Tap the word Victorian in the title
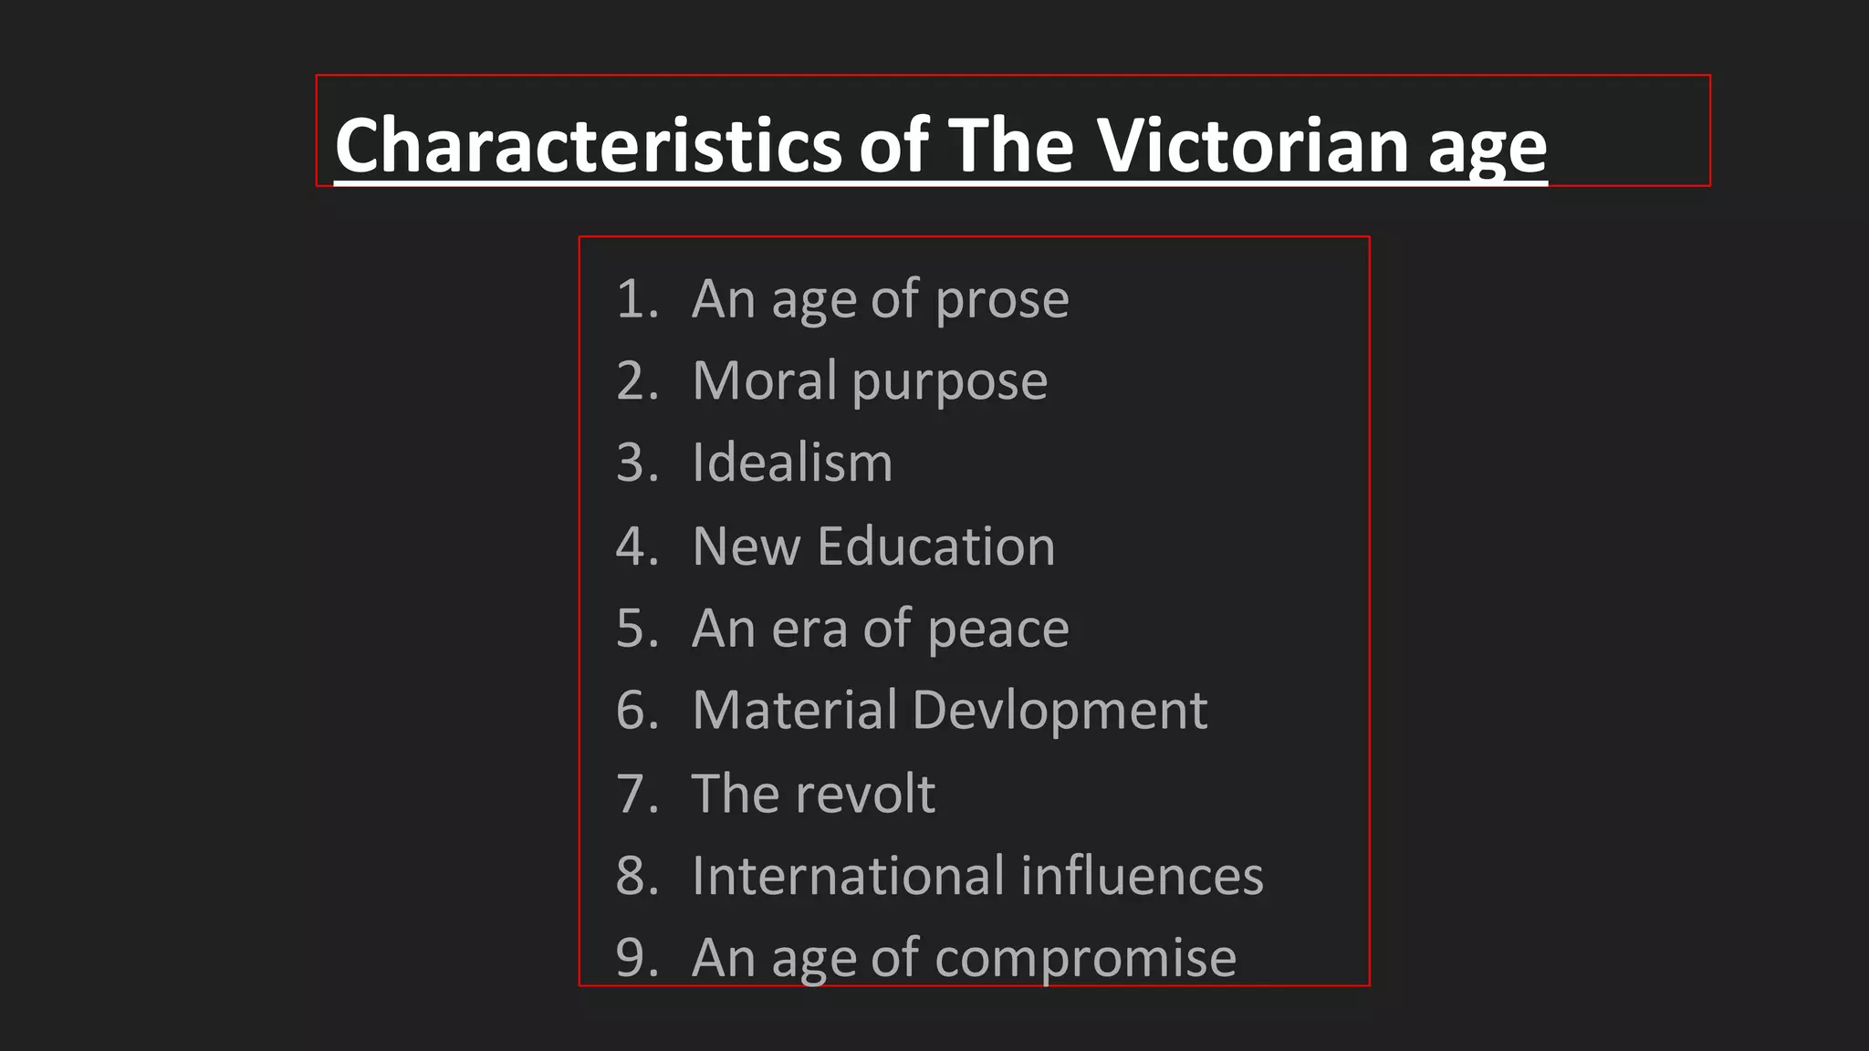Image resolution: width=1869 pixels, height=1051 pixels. click(1253, 145)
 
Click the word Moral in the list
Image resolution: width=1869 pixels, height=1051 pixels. click(764, 380)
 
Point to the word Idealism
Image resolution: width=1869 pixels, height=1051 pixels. click(792, 463)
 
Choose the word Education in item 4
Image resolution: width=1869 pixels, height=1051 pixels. click(935, 546)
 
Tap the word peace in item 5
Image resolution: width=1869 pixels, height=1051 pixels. click(998, 630)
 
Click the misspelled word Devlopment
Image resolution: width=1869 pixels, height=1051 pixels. click(1060, 711)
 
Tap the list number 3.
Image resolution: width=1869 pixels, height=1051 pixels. click(635, 463)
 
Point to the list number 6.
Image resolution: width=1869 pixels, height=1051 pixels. click(635, 711)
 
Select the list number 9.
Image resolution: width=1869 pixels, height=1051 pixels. click(635, 958)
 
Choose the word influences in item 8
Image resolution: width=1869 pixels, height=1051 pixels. click(1143, 876)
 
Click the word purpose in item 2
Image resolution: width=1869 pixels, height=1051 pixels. click(949, 382)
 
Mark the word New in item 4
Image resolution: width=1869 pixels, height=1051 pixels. click(746, 546)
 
